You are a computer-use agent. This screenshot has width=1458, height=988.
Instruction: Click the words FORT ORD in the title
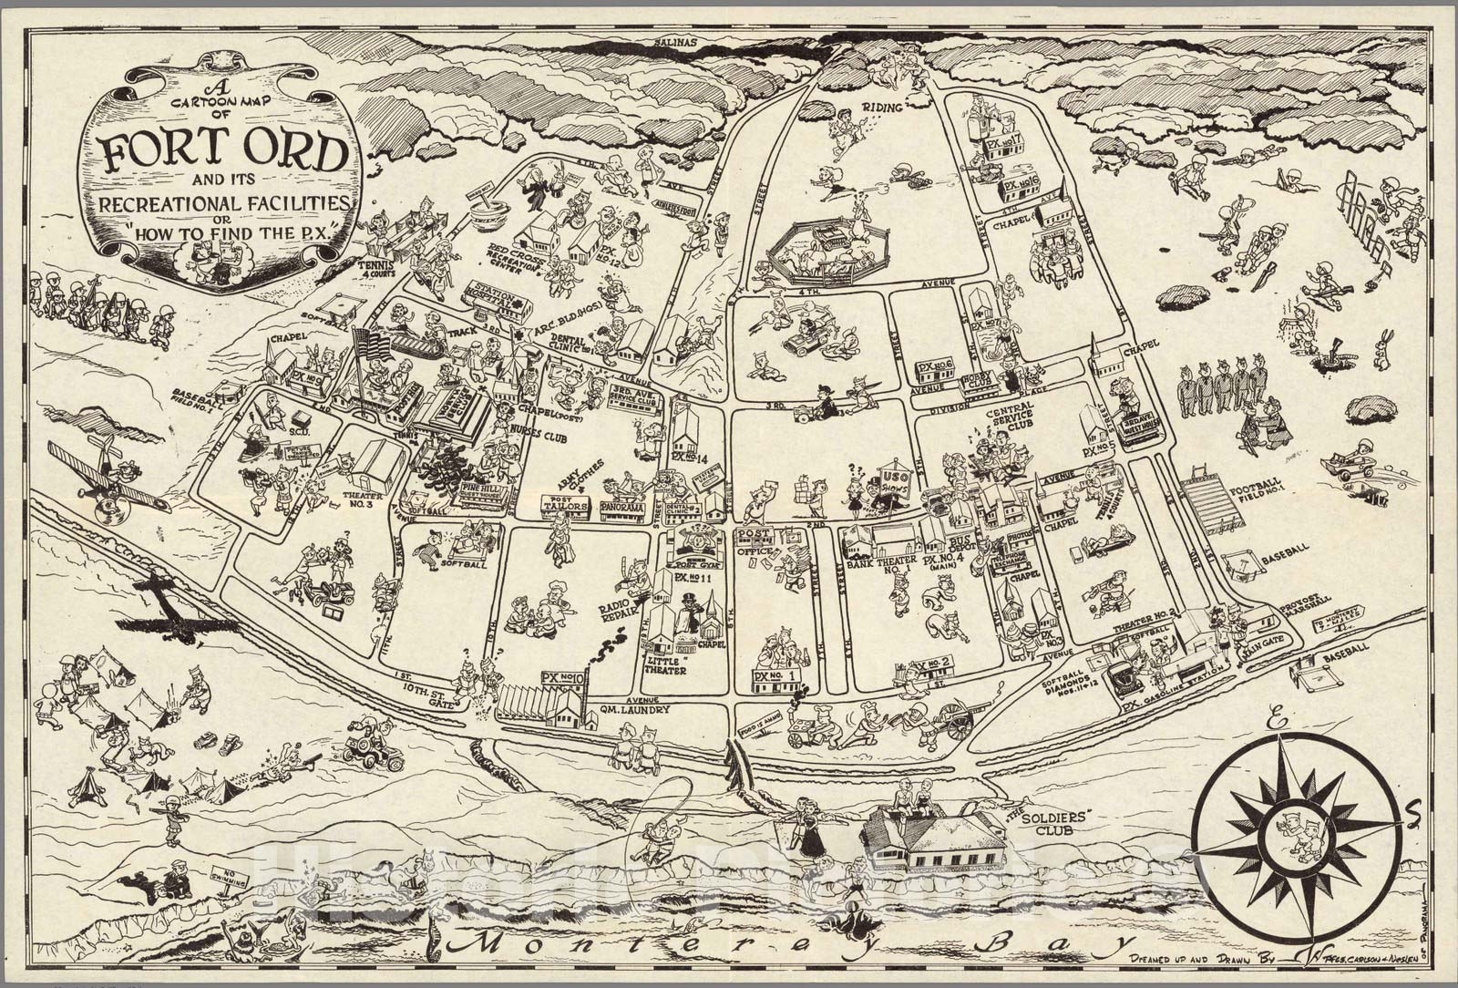[x=224, y=152]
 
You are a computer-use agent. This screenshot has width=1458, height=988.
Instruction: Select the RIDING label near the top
[x=884, y=108]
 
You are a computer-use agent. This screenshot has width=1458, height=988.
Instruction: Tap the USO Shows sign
[x=891, y=483]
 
